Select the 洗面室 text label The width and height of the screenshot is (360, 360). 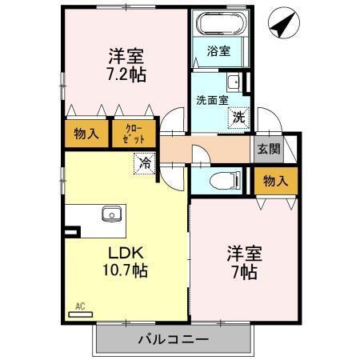coord(212,101)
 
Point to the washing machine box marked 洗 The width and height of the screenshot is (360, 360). coord(238,118)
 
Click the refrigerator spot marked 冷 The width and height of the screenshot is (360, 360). coord(144,163)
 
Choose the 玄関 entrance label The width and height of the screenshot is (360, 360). coord(268,149)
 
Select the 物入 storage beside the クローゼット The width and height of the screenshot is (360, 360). coord(86,134)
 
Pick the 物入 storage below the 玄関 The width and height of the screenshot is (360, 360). coord(275,181)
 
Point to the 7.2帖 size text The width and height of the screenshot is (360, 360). coord(128,74)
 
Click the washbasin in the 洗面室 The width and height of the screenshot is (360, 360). coord(233,82)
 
